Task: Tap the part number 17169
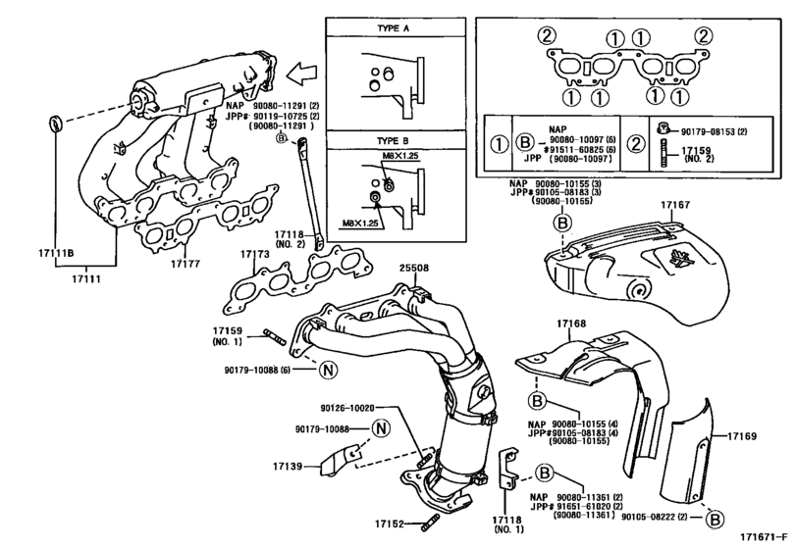745,433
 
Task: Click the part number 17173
254,254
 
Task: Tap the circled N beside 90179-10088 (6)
328,370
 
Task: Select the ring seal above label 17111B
56,124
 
